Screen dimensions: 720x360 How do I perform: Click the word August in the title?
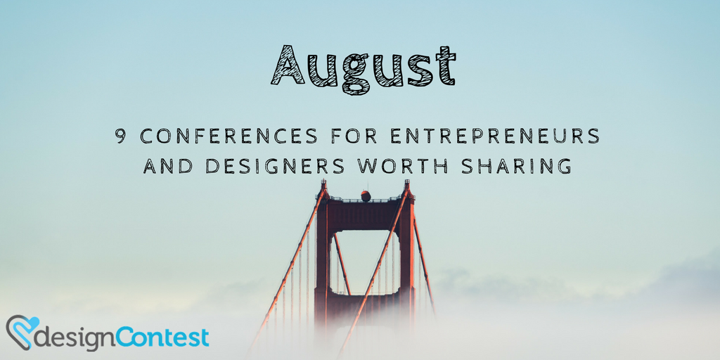364,68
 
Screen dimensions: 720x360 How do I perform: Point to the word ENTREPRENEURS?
495,136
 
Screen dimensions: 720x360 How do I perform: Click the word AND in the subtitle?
167,166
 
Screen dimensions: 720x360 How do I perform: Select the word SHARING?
517,166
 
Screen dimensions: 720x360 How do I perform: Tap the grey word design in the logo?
77,337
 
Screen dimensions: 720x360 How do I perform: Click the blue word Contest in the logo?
162,336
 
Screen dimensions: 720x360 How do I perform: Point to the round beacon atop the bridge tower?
366,195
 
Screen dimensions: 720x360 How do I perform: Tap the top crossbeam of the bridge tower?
365,215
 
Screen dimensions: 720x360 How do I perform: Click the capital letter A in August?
288,65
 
